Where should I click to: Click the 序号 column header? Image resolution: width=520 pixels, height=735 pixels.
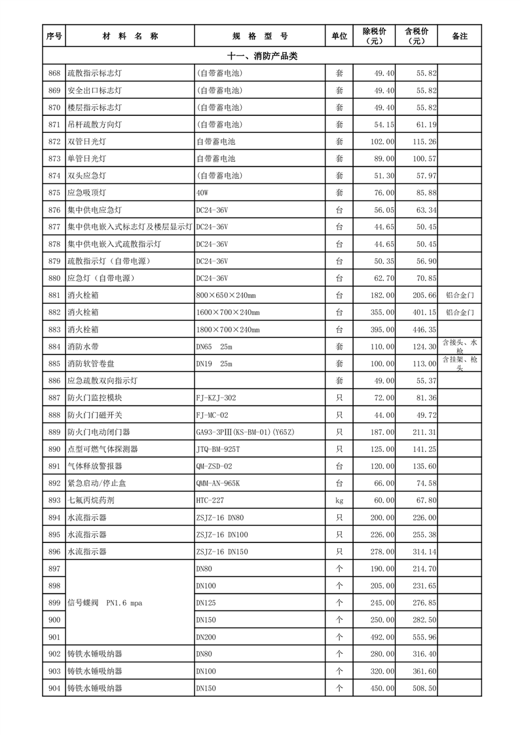[x=54, y=36]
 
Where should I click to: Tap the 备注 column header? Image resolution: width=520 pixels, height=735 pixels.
[x=460, y=36]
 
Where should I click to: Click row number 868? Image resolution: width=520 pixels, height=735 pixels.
[x=54, y=73]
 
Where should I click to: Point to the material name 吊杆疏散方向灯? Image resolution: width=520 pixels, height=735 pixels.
[x=94, y=124]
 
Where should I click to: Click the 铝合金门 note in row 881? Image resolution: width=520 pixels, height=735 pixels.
[x=460, y=295]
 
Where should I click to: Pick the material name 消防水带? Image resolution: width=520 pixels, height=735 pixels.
[x=83, y=347]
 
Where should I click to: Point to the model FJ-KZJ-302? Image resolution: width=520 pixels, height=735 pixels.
[x=216, y=398]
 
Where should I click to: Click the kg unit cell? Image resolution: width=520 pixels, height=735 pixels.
[x=339, y=500]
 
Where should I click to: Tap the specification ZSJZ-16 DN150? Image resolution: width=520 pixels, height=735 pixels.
[x=222, y=551]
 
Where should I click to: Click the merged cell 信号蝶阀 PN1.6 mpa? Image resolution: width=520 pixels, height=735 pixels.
[x=105, y=603]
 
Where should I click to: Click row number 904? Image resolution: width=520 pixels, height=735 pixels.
[x=54, y=688]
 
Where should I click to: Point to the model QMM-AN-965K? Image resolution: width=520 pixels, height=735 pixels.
[x=218, y=483]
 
